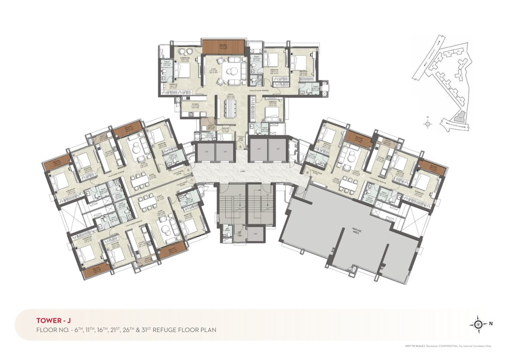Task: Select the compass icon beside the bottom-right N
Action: pos(478,323)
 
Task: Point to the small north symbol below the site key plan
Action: pos(427,124)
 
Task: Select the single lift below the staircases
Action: pos(255,233)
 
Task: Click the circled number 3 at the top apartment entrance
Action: pos(240,147)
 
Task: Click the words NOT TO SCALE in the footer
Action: pos(414,346)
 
